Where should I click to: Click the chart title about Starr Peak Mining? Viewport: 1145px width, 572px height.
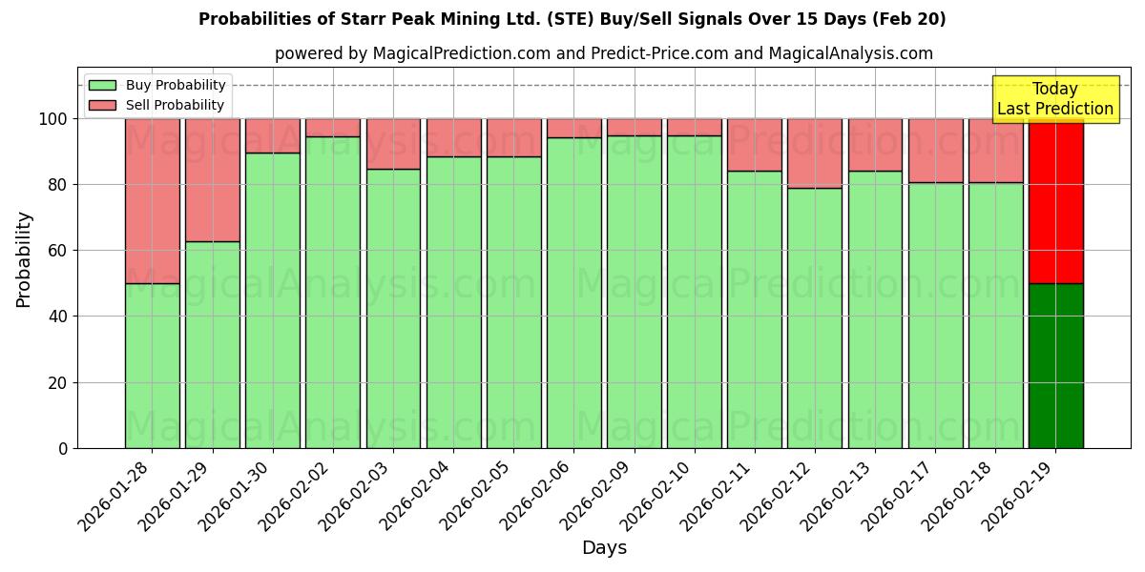(x=572, y=19)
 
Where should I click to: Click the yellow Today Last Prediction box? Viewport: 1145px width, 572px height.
(x=1055, y=99)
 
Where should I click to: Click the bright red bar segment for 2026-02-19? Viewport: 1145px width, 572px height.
(x=1055, y=200)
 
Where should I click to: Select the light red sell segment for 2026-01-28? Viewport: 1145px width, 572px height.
(x=152, y=200)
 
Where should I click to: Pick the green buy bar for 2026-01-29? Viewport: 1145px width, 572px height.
(x=212, y=344)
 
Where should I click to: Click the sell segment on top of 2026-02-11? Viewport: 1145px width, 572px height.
(x=755, y=145)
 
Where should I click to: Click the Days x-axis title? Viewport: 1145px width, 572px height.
(x=604, y=548)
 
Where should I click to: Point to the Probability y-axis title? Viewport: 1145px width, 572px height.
(x=24, y=259)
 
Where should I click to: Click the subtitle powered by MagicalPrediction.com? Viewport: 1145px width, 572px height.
(x=603, y=53)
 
